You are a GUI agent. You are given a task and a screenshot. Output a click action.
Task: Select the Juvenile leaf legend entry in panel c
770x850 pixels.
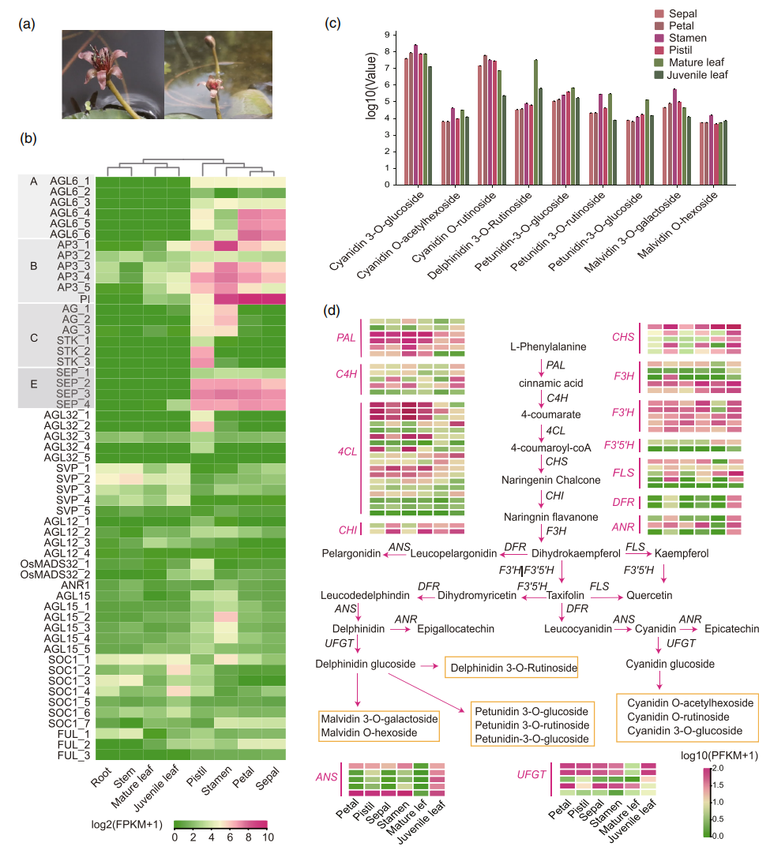pos(697,75)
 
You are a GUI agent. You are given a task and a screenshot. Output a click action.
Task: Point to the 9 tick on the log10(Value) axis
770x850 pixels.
pos(386,35)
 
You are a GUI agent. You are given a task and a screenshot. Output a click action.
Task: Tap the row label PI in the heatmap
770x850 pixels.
pos(85,298)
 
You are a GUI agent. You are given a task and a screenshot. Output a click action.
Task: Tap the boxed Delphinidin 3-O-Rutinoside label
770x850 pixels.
pos(512,668)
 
